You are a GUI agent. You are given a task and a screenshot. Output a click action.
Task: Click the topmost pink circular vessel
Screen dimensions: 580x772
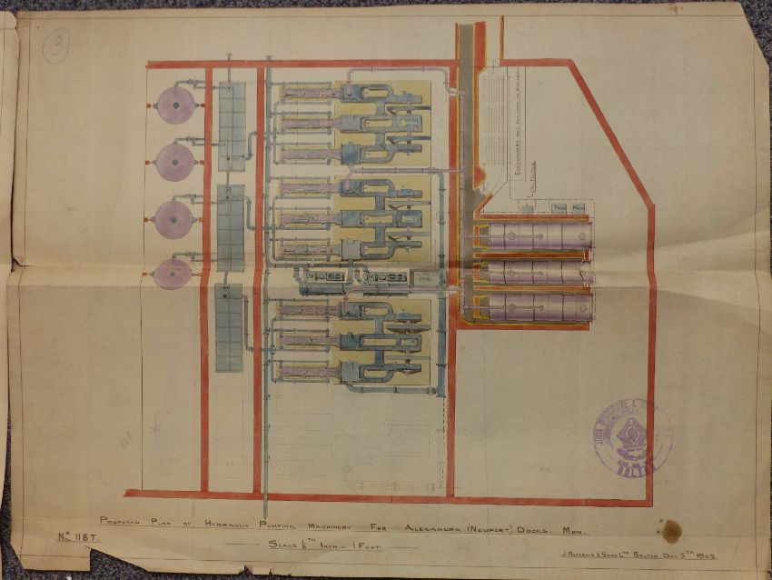[173, 106]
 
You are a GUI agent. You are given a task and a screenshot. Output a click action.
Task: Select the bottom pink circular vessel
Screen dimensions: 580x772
[173, 273]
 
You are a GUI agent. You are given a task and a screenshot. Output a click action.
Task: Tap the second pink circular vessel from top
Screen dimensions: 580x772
[173, 162]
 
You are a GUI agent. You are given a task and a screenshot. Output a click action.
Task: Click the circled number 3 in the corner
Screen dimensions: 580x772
[56, 44]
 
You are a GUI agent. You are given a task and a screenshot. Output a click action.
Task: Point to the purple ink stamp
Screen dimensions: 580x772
[633, 439]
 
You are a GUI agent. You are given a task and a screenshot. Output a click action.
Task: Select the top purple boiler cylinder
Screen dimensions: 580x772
[536, 236]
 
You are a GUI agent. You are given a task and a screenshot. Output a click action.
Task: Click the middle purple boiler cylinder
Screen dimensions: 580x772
[536, 272]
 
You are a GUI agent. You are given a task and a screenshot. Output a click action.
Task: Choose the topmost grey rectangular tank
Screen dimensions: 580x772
[232, 125]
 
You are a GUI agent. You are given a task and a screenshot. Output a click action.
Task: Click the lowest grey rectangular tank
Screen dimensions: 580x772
[229, 327]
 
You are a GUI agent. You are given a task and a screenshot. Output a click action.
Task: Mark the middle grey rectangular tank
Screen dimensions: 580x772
[231, 227]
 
